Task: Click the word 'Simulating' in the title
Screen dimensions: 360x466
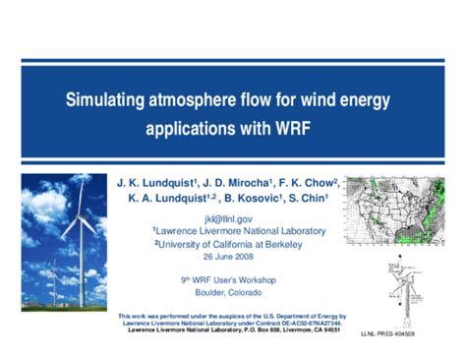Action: click(x=105, y=99)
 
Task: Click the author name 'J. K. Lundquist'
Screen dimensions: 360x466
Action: click(x=156, y=183)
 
